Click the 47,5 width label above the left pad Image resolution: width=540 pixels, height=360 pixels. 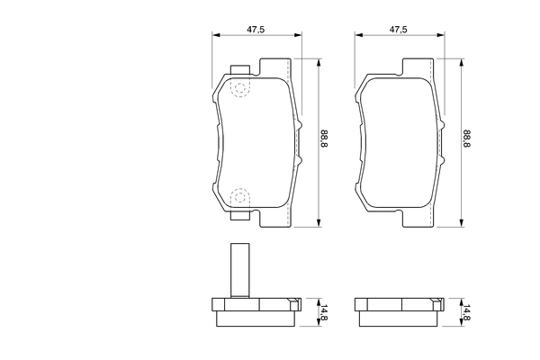pos(256,30)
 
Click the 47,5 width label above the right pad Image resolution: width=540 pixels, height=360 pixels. pos(398,30)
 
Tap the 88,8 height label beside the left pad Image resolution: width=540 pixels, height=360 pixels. pos(324,138)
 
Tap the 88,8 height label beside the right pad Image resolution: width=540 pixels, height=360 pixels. pos(466,139)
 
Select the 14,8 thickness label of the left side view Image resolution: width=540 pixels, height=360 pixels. pos(324,313)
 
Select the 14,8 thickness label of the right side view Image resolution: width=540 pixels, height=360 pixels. pos(466,313)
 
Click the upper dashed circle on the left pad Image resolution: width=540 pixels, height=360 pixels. pos(240,88)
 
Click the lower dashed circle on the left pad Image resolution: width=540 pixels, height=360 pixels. pos(240,197)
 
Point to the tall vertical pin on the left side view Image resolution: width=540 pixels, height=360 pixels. pos(240,270)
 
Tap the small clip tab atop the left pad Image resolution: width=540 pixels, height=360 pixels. pos(240,69)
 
